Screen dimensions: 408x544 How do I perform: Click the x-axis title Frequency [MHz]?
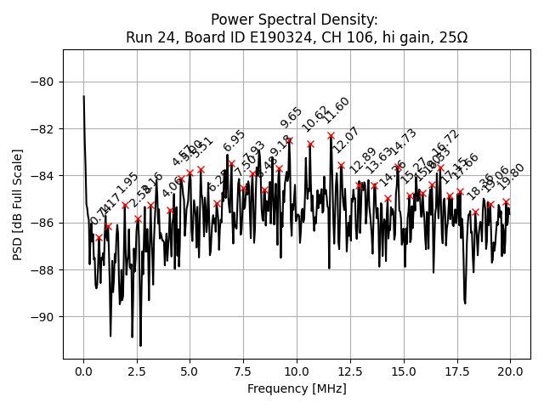[x=297, y=388]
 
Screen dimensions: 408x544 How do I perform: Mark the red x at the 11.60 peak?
[x=331, y=135]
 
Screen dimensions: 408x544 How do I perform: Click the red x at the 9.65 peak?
[x=289, y=140]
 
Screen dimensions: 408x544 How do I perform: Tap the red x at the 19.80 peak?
[x=506, y=201]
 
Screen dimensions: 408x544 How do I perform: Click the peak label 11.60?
[x=337, y=110]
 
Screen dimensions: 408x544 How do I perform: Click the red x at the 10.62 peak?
[x=310, y=144]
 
